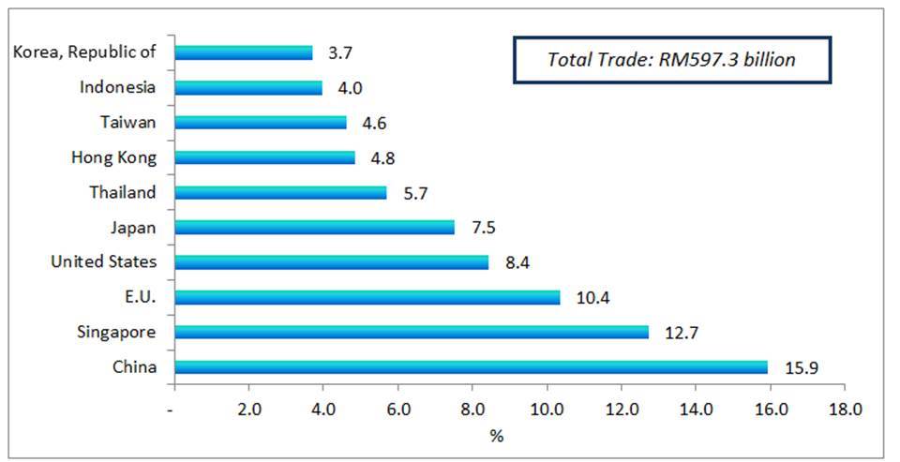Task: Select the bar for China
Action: pyautogui.click(x=471, y=366)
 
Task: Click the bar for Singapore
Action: pyautogui.click(x=411, y=332)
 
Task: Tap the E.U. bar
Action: pyautogui.click(x=367, y=297)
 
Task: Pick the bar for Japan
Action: pyautogui.click(x=314, y=227)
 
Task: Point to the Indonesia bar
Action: pyautogui.click(x=248, y=87)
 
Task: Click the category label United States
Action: pyautogui.click(x=104, y=261)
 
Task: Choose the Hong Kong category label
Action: pyautogui.click(x=113, y=157)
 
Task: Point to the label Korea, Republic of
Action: pyautogui.click(x=84, y=52)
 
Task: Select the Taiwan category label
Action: pyautogui.click(x=128, y=122)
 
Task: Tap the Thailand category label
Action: pyautogui.click(x=123, y=192)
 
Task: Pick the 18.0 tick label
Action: pyautogui.click(x=844, y=409)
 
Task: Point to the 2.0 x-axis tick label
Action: pyautogui.click(x=248, y=409)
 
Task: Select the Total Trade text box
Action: pyautogui.click(x=671, y=60)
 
